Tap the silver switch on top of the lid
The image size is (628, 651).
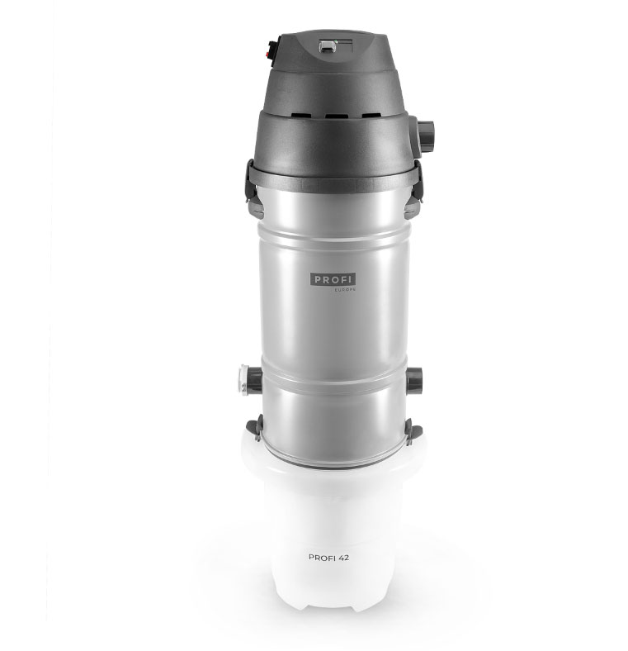tap(328, 45)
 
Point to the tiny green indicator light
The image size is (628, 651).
tap(336, 41)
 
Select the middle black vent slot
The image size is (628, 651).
tap(337, 116)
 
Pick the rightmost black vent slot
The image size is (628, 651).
tap(371, 116)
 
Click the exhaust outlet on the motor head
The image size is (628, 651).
tap(424, 135)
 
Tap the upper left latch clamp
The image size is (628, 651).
tap(254, 190)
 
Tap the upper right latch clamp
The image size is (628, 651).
tap(414, 190)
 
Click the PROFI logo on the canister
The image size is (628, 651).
tap(333, 279)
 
